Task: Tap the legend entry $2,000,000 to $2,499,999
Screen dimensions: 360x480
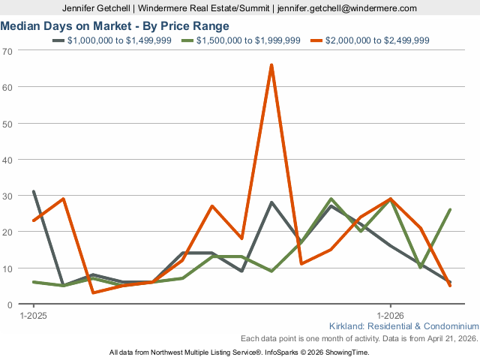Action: pos(378,40)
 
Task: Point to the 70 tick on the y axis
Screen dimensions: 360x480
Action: pos(7,50)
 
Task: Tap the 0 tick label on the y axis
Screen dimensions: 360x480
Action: pos(10,304)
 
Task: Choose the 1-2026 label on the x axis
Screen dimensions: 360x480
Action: pos(390,316)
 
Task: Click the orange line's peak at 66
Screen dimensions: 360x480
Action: pos(271,65)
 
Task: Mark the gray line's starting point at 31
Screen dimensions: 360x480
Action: pos(34,192)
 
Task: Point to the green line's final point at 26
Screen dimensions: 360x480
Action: pos(450,210)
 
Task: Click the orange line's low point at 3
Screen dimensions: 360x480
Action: pos(93,293)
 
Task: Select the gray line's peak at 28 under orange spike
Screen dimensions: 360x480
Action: pos(271,202)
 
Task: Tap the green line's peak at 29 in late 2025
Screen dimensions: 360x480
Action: pos(331,199)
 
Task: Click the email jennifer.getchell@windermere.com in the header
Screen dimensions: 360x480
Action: pos(346,8)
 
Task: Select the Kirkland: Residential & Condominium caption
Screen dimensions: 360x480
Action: pos(403,326)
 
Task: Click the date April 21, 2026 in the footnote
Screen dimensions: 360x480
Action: pos(449,338)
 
